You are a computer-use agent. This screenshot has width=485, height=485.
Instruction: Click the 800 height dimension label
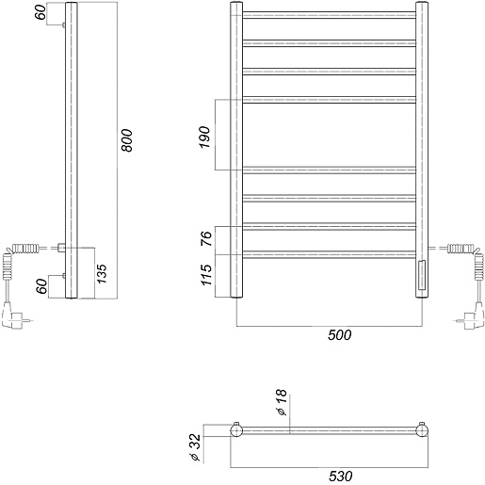click(x=127, y=140)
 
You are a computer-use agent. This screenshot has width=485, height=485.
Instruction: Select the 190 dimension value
click(x=204, y=137)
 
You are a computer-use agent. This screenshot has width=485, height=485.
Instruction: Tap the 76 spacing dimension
click(x=206, y=238)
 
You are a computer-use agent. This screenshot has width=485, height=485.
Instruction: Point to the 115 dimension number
click(x=206, y=275)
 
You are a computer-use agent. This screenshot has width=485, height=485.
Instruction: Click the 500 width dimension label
click(x=339, y=335)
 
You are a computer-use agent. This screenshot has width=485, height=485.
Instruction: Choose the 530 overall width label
click(x=341, y=476)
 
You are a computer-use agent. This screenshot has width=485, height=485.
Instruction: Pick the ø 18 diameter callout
click(x=282, y=402)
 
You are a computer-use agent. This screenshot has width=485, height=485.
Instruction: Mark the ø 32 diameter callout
click(x=195, y=447)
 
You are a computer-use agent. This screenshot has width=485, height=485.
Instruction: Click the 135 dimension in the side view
click(x=102, y=274)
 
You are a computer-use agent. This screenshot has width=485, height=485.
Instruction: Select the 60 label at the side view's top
click(x=40, y=12)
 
